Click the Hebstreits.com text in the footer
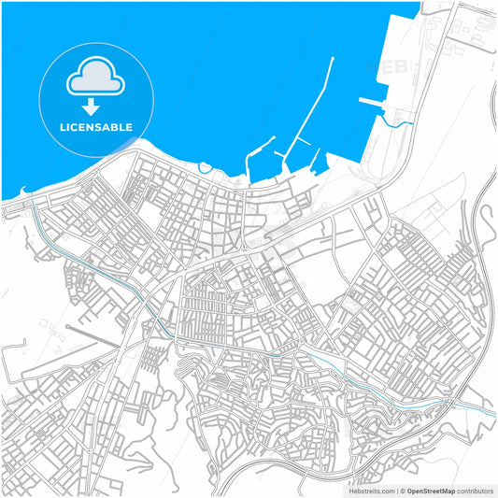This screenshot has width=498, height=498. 371,490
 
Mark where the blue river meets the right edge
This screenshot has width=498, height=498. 493,414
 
